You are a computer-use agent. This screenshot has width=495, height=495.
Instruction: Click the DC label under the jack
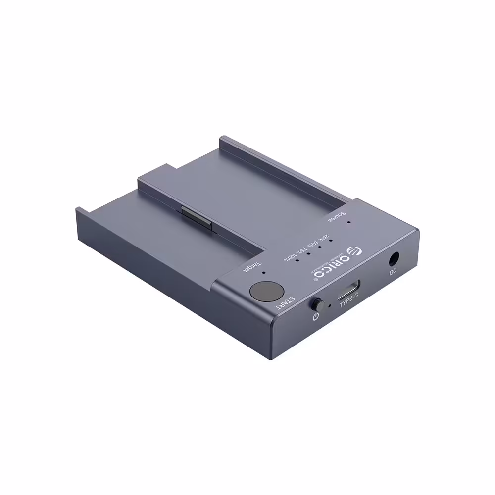[393, 271]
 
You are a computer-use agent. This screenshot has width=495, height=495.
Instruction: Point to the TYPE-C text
[349, 303]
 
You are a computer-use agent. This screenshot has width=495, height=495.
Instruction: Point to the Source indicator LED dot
[348, 222]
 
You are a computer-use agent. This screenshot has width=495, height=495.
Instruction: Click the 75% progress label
[300, 248]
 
